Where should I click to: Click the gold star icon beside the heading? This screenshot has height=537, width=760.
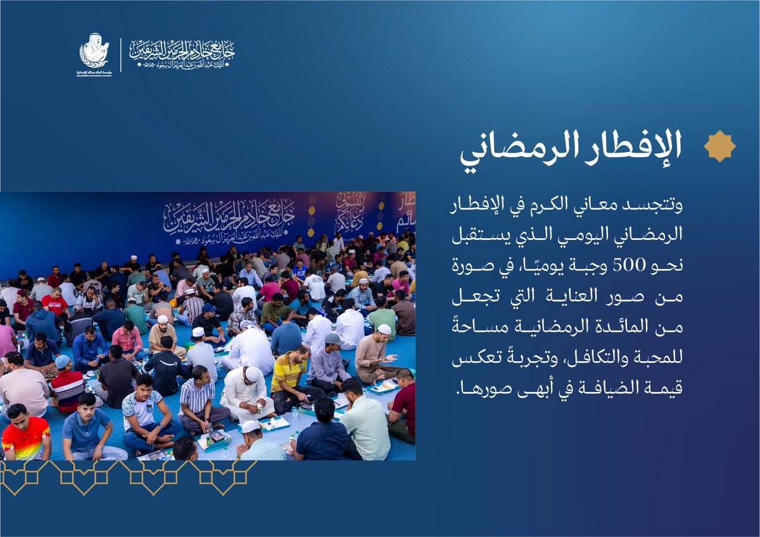click(719, 146)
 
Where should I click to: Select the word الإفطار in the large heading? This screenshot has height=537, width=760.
click(621, 146)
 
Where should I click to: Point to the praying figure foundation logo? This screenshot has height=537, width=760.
click(94, 51)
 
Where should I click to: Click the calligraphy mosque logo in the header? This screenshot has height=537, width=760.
click(182, 54)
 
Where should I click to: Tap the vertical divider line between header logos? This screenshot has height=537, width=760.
click(121, 54)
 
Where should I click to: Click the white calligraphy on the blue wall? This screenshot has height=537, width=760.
click(229, 218)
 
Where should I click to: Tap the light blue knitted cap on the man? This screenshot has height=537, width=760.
click(61, 362)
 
